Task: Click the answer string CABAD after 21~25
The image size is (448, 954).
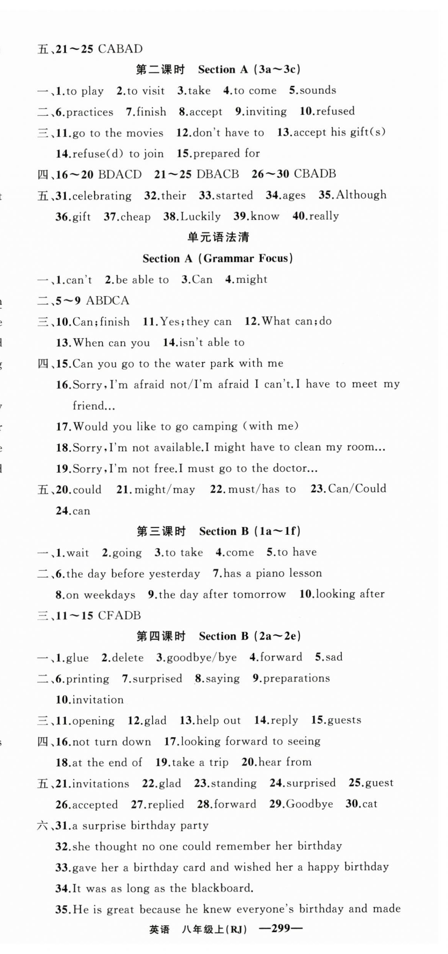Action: click(x=120, y=49)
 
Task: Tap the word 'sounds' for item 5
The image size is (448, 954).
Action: click(x=318, y=90)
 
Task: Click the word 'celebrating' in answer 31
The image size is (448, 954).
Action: click(x=102, y=196)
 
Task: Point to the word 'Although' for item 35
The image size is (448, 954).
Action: click(x=361, y=195)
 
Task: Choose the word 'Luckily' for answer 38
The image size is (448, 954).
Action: click(x=201, y=216)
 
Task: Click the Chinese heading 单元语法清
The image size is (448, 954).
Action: click(x=218, y=237)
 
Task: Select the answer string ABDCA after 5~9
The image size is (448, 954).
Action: click(x=108, y=300)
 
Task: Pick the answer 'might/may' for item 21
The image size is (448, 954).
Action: click(x=165, y=489)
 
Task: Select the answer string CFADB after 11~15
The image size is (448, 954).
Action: click(x=119, y=615)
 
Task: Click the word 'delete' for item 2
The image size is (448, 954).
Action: click(x=128, y=658)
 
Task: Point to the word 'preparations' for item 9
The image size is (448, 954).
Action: click(x=296, y=678)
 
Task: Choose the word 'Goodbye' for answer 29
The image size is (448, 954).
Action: click(x=309, y=804)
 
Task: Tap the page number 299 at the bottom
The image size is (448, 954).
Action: click(x=281, y=928)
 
